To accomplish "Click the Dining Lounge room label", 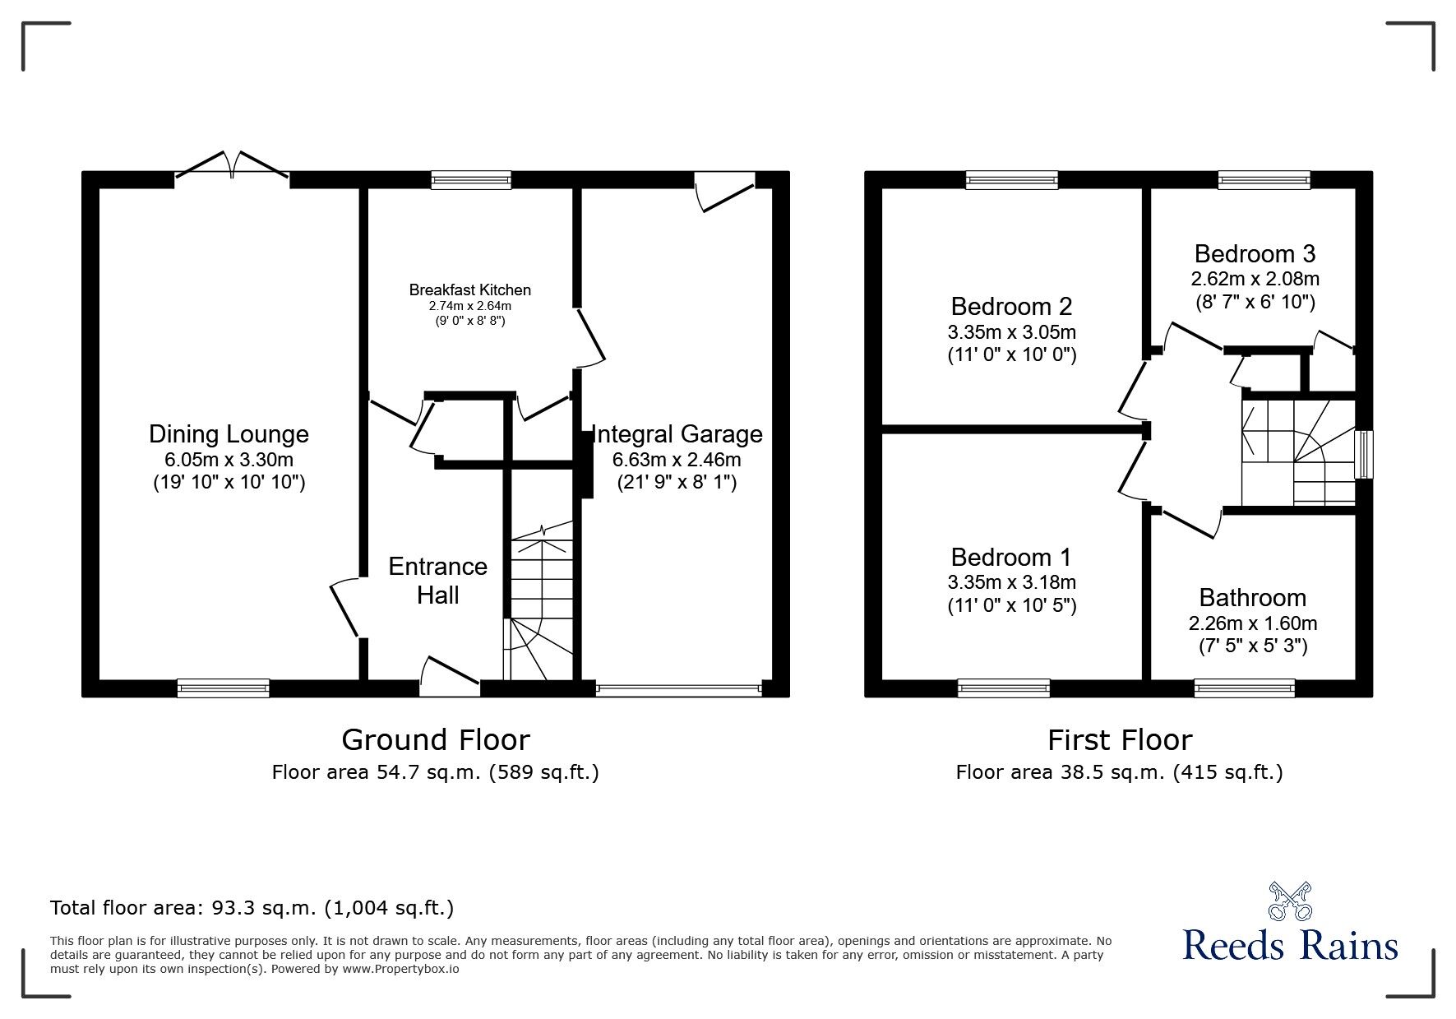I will click(229, 434).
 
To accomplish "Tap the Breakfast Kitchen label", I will click(469, 290).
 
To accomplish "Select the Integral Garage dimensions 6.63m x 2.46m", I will click(677, 460).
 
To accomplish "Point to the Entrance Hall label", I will click(437, 581).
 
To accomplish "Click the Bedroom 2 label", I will click(1011, 307).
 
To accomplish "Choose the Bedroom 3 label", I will click(1255, 253).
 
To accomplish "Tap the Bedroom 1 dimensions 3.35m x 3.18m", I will click(1011, 582).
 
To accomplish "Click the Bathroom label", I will click(1252, 597).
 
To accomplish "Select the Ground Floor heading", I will click(435, 740).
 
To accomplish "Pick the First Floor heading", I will click(1119, 740).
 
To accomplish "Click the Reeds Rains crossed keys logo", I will click(1289, 901).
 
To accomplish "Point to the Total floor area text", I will click(252, 908).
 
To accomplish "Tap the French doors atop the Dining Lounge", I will click(232, 167).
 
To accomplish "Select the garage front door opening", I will click(679, 689).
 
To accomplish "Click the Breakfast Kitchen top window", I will click(470, 180).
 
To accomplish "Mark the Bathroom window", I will click(1244, 688).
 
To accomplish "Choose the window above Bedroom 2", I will click(1011, 180).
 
